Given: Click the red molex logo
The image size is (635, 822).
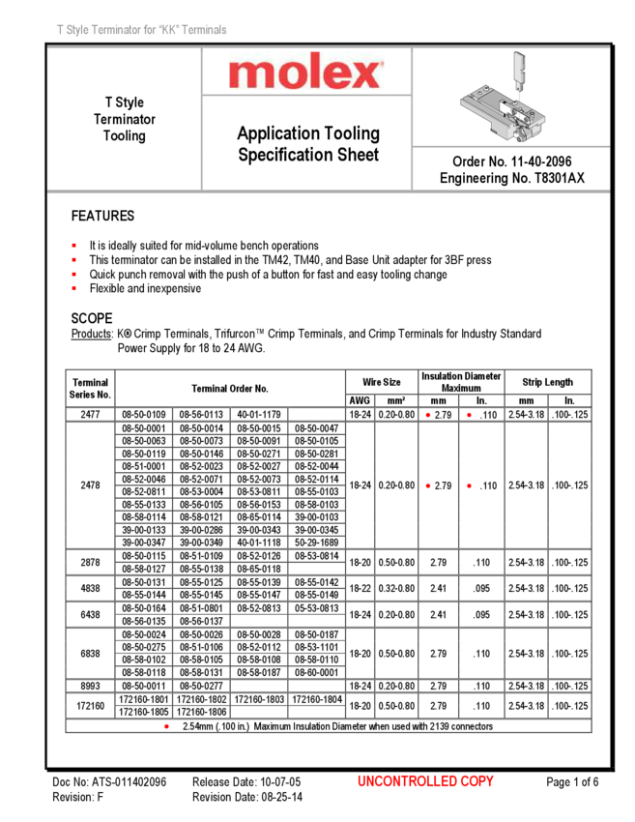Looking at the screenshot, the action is [x=306, y=72].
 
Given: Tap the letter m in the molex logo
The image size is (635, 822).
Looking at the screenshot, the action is [x=249, y=74].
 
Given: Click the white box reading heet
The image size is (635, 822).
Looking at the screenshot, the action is [x=363, y=155].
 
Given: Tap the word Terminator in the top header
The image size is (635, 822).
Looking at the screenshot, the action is [x=118, y=31].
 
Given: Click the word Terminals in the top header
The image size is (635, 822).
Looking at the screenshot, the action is [x=204, y=31].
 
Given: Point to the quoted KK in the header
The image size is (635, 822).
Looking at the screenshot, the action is [x=170, y=31].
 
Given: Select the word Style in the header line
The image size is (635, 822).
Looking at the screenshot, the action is [x=78, y=31].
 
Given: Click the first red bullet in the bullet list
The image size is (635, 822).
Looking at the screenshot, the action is [x=73, y=246].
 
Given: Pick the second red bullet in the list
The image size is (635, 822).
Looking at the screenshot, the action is [x=73, y=259].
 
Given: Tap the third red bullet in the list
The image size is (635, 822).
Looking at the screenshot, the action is [x=73, y=274].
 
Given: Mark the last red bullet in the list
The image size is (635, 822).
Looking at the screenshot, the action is [x=73, y=287].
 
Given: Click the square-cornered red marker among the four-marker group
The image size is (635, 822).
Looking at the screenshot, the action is [x=469, y=415].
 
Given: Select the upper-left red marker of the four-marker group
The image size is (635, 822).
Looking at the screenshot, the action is [x=427, y=415].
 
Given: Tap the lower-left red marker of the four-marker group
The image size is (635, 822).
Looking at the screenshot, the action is [x=427, y=485].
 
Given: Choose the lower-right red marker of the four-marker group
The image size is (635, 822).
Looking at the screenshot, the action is [x=469, y=485].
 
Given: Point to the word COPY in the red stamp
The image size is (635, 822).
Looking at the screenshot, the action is [x=477, y=781].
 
